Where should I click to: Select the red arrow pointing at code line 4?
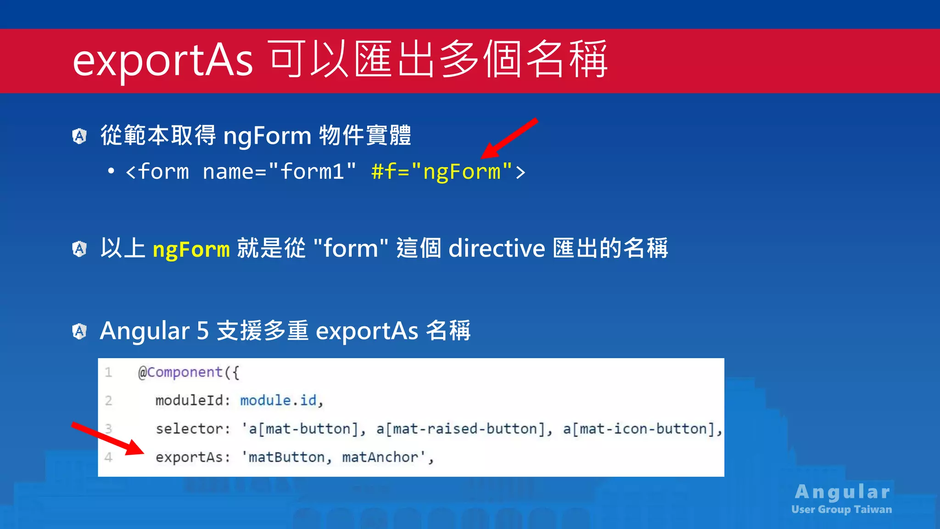107,438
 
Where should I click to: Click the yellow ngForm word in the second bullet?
191,249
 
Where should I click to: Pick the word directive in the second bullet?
497,248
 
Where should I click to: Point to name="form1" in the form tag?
279,172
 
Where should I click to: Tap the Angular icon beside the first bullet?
79,136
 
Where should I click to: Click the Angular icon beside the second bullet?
79,249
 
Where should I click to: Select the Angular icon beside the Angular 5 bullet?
79,331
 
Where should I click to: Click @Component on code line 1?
180,372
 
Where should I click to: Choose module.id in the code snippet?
278,400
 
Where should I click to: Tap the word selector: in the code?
193,429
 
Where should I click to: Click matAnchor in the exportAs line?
380,457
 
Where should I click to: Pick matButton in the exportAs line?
286,457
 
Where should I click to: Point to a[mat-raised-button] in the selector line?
464,429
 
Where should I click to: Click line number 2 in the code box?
108,400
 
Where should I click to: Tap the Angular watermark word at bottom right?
842,492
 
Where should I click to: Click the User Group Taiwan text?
841,509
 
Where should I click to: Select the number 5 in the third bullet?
202,331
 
